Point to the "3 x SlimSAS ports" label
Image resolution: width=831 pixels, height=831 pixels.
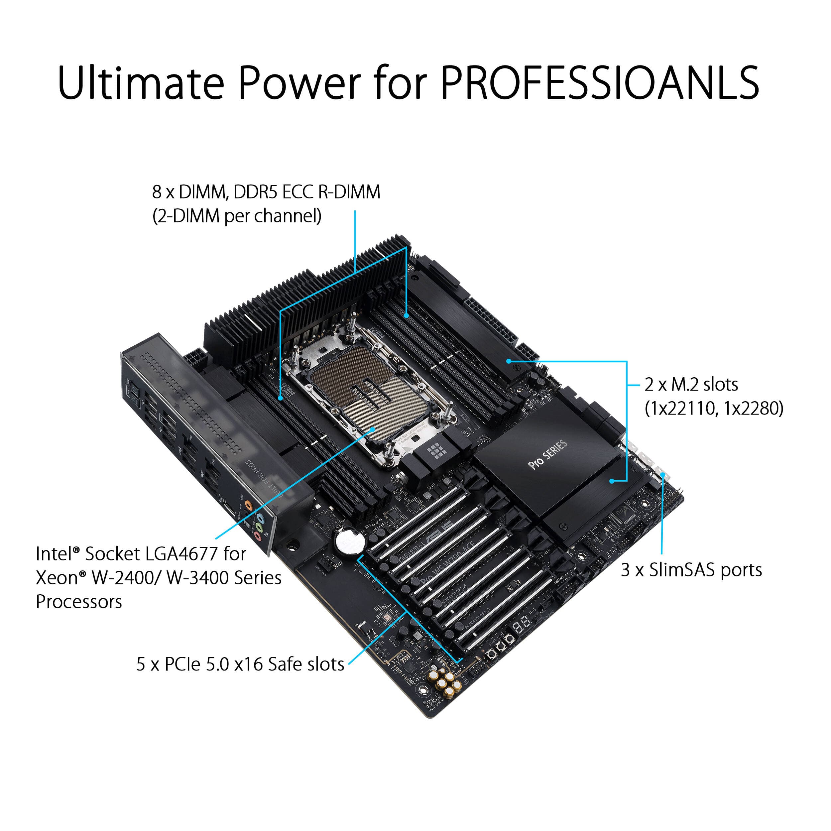691,570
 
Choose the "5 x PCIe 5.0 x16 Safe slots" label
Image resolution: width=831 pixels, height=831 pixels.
240,664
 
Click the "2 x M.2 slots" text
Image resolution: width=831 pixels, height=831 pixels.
691,385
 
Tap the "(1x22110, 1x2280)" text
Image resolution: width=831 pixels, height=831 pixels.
714,408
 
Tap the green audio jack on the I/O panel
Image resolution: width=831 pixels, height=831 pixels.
259,527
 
